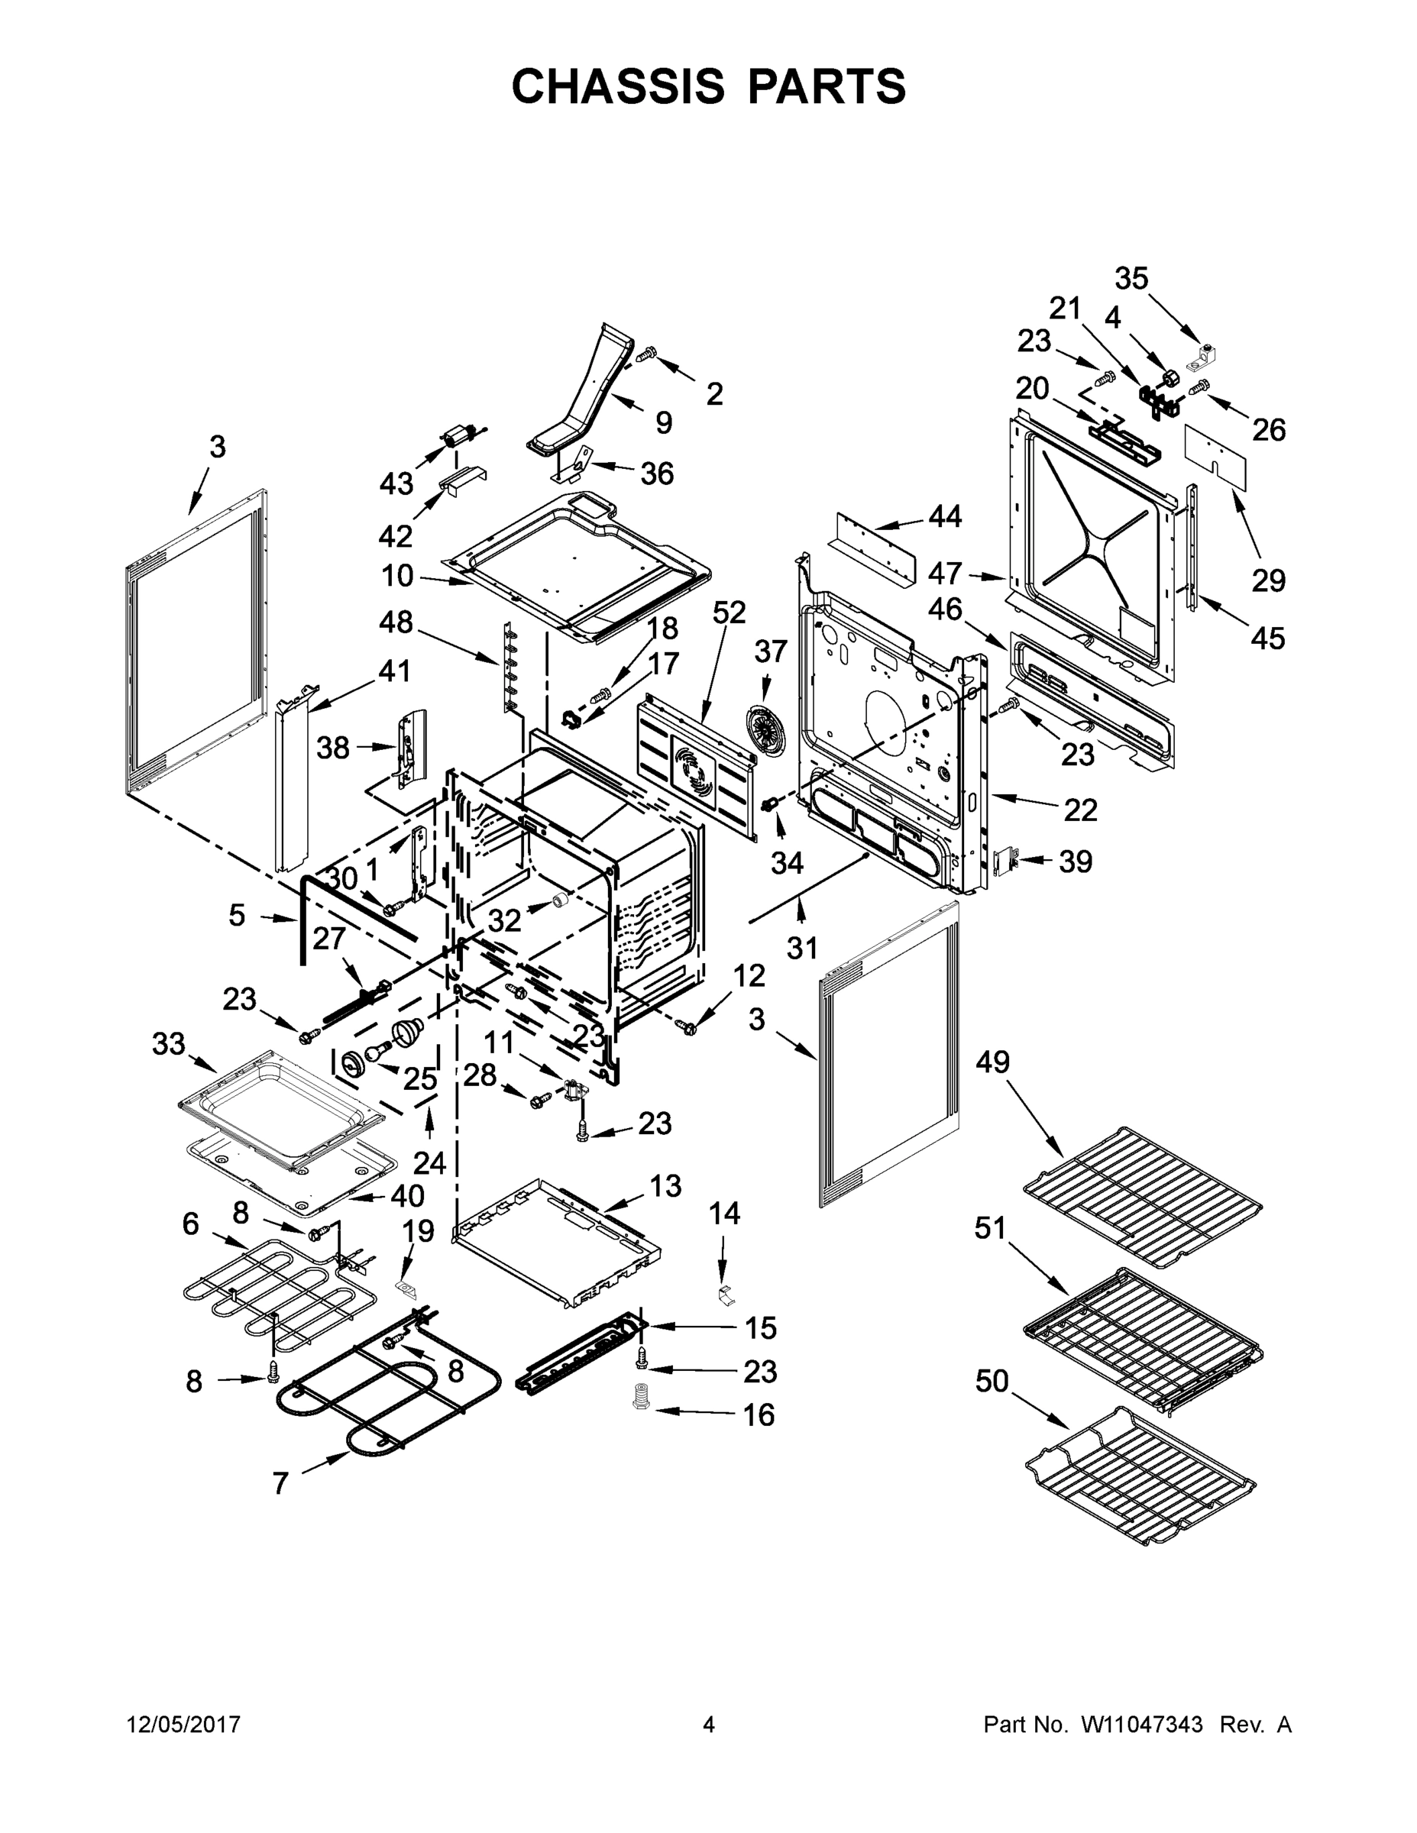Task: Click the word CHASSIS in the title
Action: [617, 86]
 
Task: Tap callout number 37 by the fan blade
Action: [771, 651]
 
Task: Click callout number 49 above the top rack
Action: [992, 1062]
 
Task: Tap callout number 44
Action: [944, 517]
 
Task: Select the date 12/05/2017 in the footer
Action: [183, 1725]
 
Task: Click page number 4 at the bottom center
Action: [709, 1725]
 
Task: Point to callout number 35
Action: [1131, 279]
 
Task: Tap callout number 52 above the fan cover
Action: [729, 613]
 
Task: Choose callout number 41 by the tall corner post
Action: [393, 671]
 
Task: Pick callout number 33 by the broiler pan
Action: [168, 1044]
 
